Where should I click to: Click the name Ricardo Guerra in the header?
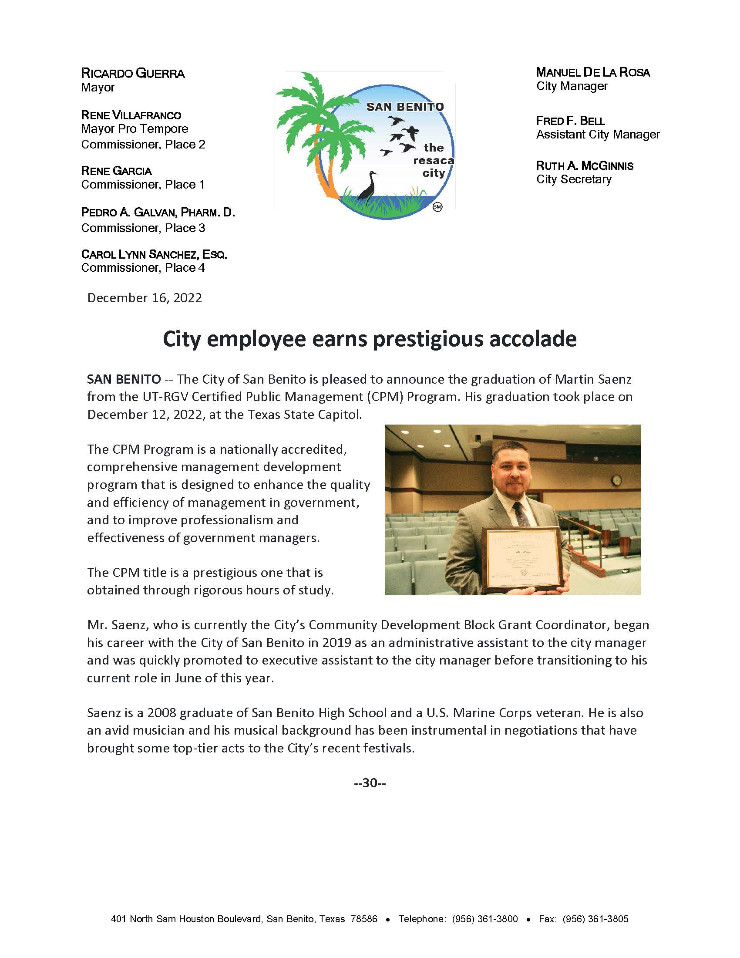point(133,73)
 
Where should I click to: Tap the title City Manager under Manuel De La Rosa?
point(572,86)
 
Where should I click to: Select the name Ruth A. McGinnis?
point(584,166)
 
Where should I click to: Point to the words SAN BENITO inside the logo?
point(405,107)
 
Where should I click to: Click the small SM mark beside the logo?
point(437,206)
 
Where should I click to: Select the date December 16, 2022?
point(145,298)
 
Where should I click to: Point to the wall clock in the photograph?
point(617,480)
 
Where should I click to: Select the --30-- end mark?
point(370,783)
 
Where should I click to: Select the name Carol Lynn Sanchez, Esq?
point(154,254)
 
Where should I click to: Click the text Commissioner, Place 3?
point(143,228)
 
